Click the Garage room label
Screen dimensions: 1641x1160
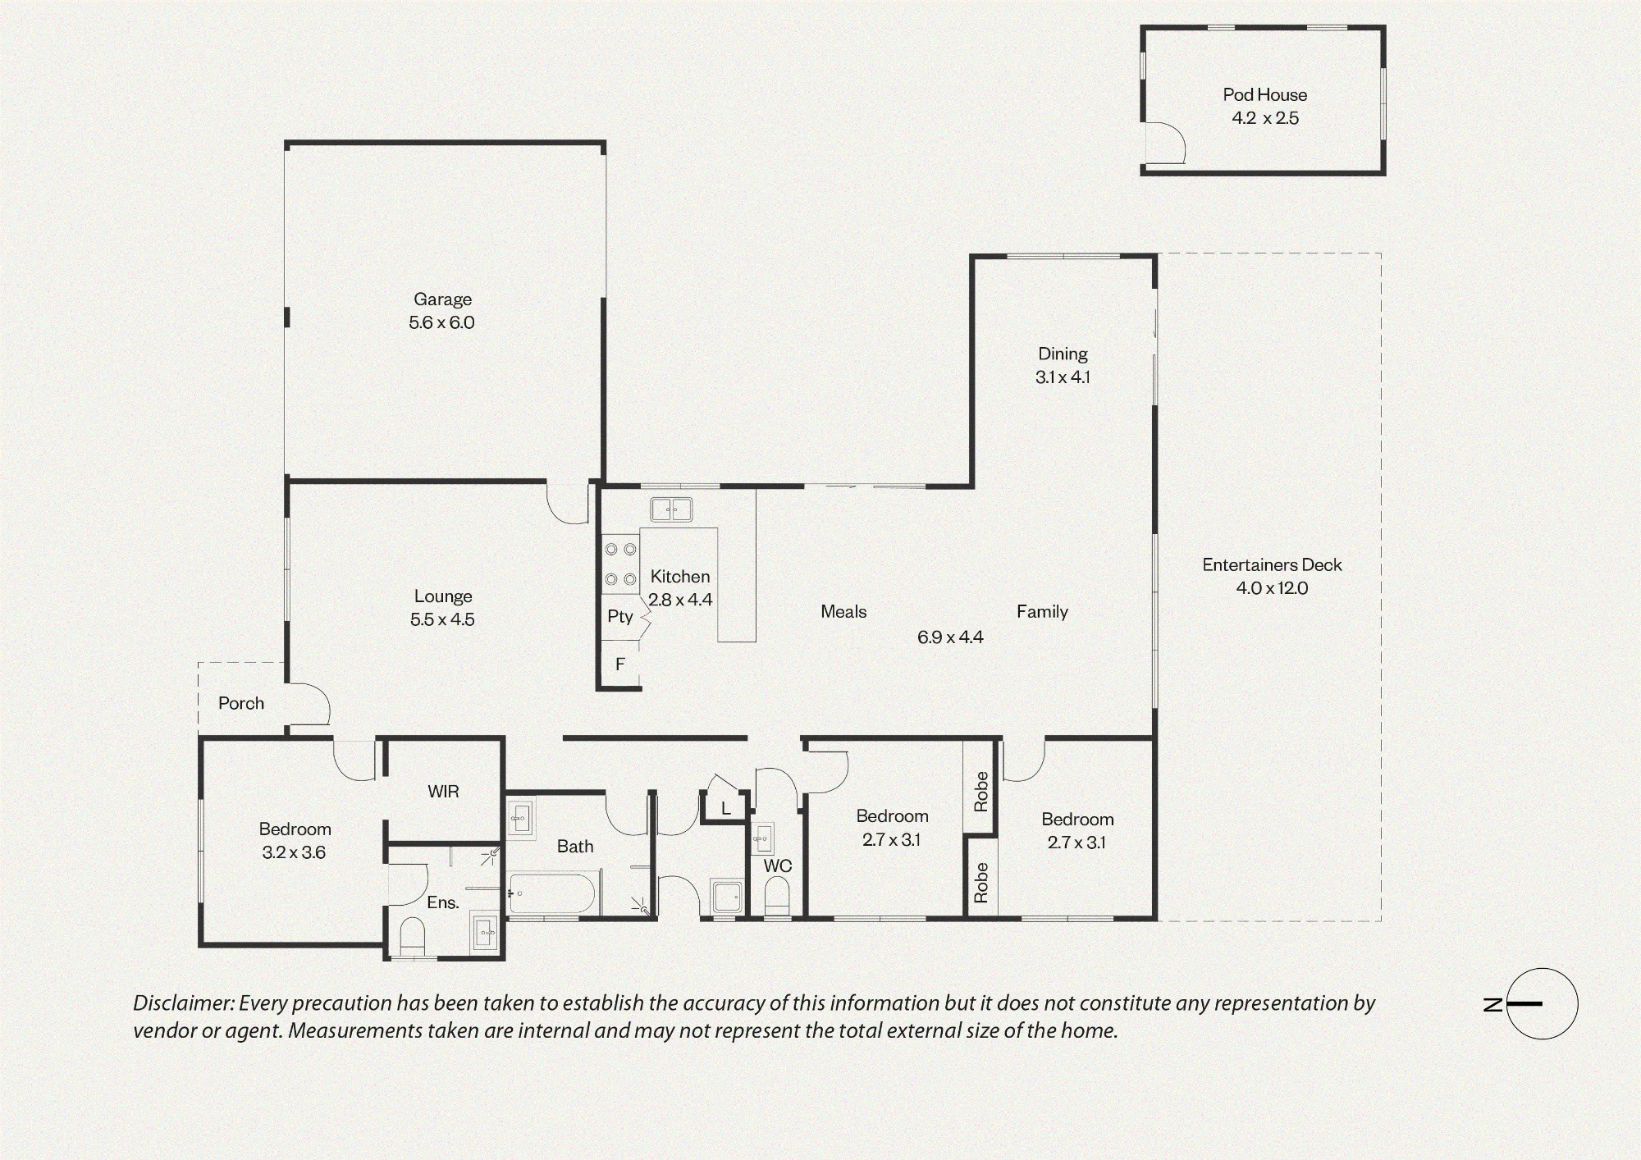tap(442, 299)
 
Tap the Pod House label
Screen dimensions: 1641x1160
tap(1264, 94)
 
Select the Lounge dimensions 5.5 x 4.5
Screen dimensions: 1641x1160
tap(442, 619)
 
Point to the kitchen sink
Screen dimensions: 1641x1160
tap(671, 509)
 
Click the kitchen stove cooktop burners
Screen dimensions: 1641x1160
tap(620, 564)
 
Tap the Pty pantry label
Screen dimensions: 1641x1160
tap(620, 616)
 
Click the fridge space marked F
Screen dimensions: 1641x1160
tap(620, 664)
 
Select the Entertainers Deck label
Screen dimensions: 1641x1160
tap(1272, 564)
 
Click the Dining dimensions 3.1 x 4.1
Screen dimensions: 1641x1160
tap(1063, 377)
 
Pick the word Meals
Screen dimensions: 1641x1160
tap(843, 611)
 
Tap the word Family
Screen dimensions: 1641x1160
tap(1042, 611)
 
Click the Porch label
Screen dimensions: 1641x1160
tap(241, 703)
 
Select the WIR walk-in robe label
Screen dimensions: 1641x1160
tap(443, 792)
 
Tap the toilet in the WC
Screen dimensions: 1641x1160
tap(776, 896)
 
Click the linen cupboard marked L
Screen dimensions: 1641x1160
tap(725, 809)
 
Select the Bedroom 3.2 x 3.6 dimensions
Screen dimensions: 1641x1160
tap(294, 852)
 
